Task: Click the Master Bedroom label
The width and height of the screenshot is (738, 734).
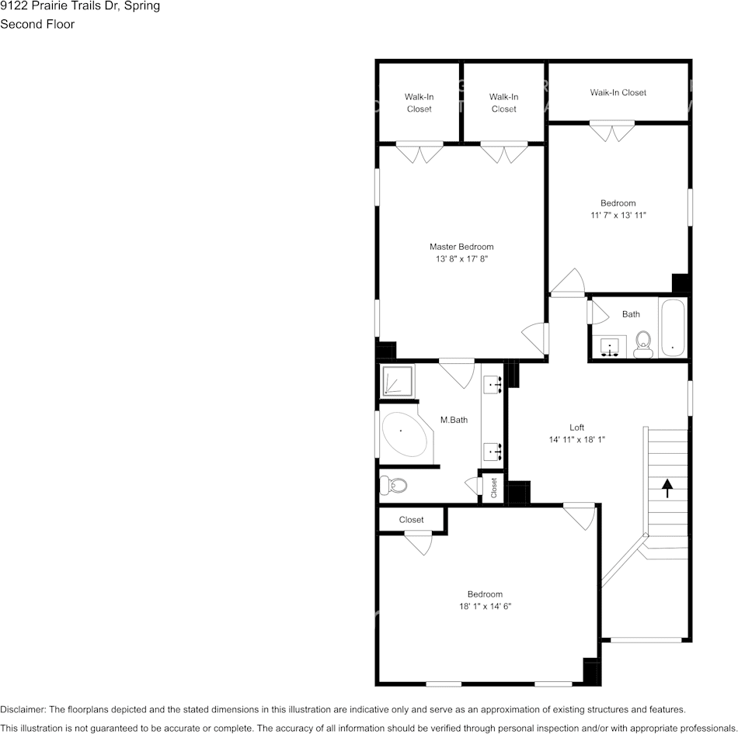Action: point(465,247)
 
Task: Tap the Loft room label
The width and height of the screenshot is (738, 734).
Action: point(576,427)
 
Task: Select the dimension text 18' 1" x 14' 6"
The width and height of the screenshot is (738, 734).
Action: point(485,607)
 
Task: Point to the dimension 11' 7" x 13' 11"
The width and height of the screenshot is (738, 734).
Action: point(618,216)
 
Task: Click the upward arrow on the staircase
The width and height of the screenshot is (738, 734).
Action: point(667,487)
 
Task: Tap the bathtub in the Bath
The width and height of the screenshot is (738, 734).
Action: point(672,329)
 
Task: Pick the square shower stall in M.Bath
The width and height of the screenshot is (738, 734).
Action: point(397,380)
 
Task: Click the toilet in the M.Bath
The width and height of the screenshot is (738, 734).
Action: point(394,486)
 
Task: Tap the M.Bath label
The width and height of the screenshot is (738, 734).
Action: point(454,420)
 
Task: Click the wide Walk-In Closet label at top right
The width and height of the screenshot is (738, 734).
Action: point(618,92)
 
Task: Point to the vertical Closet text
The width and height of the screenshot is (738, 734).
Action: point(493,487)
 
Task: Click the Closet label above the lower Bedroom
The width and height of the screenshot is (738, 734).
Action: point(411,520)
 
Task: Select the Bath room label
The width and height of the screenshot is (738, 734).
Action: point(631,314)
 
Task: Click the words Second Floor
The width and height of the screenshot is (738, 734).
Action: point(37,24)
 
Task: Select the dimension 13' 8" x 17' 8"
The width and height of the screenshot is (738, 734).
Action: point(465,259)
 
